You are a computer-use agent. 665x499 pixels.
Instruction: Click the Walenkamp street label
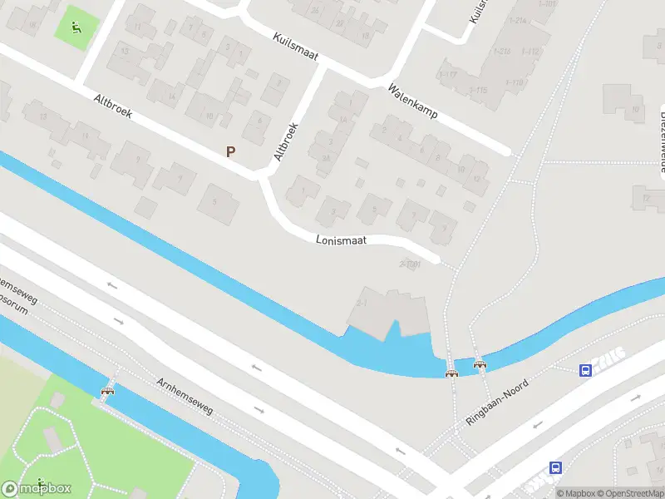412,101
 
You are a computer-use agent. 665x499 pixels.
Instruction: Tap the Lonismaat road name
341,240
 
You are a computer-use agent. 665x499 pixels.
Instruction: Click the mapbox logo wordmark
37,489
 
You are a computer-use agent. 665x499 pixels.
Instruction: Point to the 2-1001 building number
411,264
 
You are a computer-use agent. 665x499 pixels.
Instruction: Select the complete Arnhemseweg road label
185,396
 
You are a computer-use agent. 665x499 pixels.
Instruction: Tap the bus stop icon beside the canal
586,370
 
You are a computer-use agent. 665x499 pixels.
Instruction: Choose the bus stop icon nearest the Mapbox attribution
555,468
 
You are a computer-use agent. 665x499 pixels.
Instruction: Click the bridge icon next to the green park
107,391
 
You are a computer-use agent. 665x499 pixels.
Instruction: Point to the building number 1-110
513,82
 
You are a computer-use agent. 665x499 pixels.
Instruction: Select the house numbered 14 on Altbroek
172,96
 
